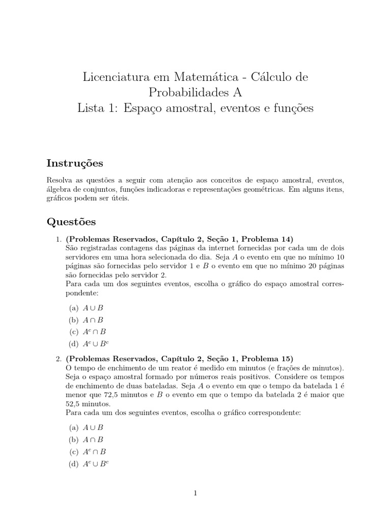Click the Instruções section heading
point(75,163)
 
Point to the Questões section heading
point(71,222)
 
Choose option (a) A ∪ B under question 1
point(86,308)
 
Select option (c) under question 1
point(87,332)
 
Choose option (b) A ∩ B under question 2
point(86,440)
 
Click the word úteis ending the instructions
point(122,198)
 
